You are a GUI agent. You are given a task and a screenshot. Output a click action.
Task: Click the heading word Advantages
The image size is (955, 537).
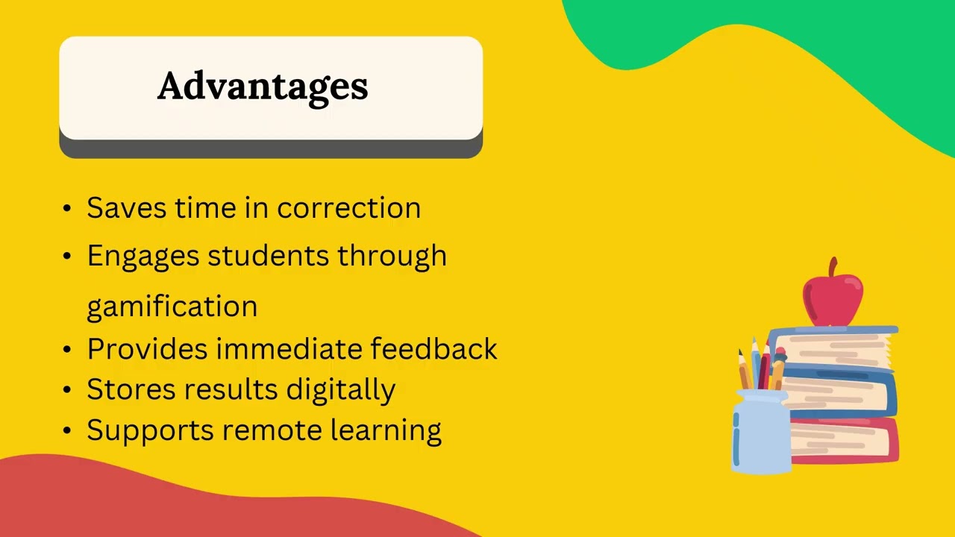click(x=263, y=87)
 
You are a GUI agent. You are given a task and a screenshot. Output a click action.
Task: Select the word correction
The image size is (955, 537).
click(x=348, y=208)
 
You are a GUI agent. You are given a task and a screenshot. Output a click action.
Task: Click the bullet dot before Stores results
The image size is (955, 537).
click(x=68, y=390)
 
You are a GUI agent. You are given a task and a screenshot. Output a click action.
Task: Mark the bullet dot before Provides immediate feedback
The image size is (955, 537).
click(x=68, y=349)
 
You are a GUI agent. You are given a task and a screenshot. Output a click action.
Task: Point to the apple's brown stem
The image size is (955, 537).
click(x=833, y=267)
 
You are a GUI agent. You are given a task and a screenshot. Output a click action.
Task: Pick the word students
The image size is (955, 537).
click(x=268, y=256)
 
